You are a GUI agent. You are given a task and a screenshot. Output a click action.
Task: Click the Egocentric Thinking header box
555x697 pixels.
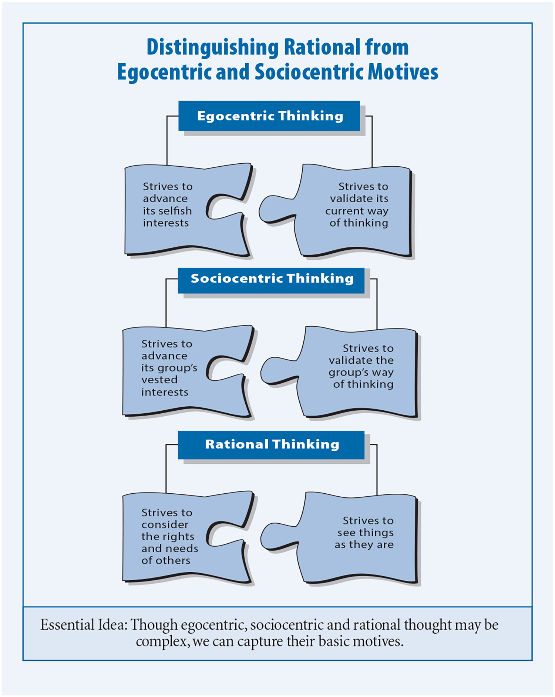[x=269, y=116]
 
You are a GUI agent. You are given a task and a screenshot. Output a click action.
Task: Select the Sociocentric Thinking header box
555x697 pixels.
[x=271, y=280]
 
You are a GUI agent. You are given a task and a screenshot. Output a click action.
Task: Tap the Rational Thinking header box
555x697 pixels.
[x=271, y=445]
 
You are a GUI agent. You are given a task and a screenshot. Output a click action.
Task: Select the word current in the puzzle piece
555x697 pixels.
[x=344, y=211]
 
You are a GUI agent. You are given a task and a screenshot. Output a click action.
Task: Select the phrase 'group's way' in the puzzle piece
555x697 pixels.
[x=361, y=373]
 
